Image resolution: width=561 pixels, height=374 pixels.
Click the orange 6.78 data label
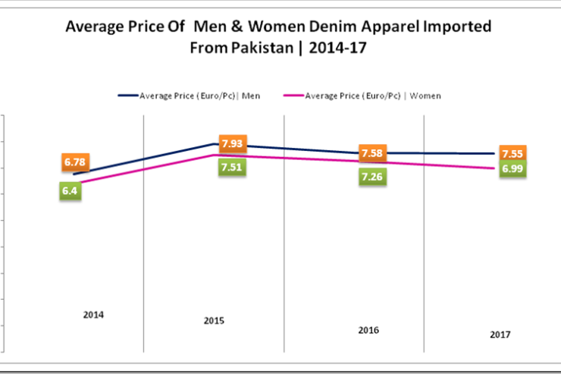[x=74, y=162]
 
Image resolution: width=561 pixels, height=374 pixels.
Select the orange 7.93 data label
[x=231, y=143]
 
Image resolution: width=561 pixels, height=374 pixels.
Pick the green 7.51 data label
[x=231, y=168]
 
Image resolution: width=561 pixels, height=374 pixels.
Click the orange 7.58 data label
[x=372, y=153]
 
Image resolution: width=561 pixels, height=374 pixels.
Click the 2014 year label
[x=94, y=315]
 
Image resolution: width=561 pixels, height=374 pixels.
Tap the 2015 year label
[x=214, y=321]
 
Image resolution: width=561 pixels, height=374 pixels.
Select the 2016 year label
[x=368, y=330]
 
